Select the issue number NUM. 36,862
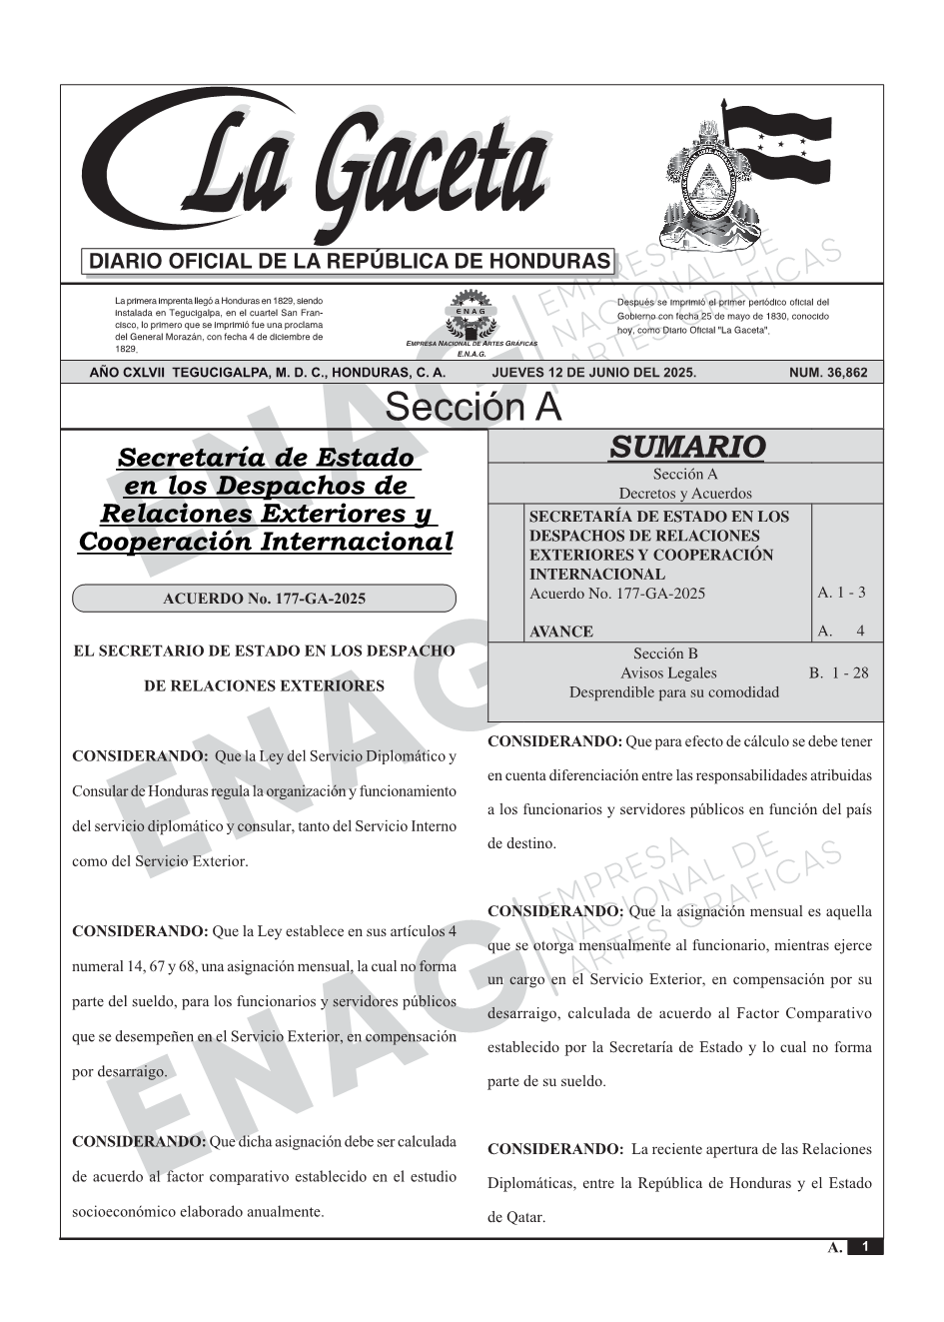point(828,373)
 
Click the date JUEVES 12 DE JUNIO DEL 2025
point(593,373)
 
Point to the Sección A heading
point(472,408)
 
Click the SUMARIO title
point(686,447)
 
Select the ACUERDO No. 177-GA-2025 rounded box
point(264,599)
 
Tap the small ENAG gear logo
point(470,314)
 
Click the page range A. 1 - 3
point(841,593)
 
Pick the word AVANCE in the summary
point(561,632)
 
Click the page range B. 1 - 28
point(839,672)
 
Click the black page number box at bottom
point(865,1247)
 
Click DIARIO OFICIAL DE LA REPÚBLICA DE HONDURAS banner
point(350,262)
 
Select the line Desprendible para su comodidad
point(673,692)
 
